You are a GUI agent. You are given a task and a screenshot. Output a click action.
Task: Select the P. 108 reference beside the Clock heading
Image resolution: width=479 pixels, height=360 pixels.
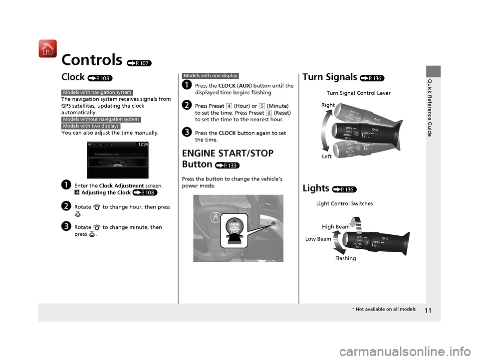[x=100, y=78]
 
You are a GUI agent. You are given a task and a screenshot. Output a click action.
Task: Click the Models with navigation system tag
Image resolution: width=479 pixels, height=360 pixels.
[x=97, y=92]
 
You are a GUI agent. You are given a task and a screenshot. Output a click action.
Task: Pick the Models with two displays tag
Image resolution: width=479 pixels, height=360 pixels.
[x=91, y=126]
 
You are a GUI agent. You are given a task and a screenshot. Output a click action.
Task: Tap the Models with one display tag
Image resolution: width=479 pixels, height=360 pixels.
[x=211, y=76]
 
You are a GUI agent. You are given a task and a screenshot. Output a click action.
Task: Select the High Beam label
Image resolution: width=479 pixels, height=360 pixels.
[x=336, y=227]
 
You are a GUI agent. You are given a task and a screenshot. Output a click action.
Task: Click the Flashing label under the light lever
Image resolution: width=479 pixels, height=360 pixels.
[x=345, y=258]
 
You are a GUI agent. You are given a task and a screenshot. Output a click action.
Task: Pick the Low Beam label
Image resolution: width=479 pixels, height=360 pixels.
[x=318, y=239]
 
